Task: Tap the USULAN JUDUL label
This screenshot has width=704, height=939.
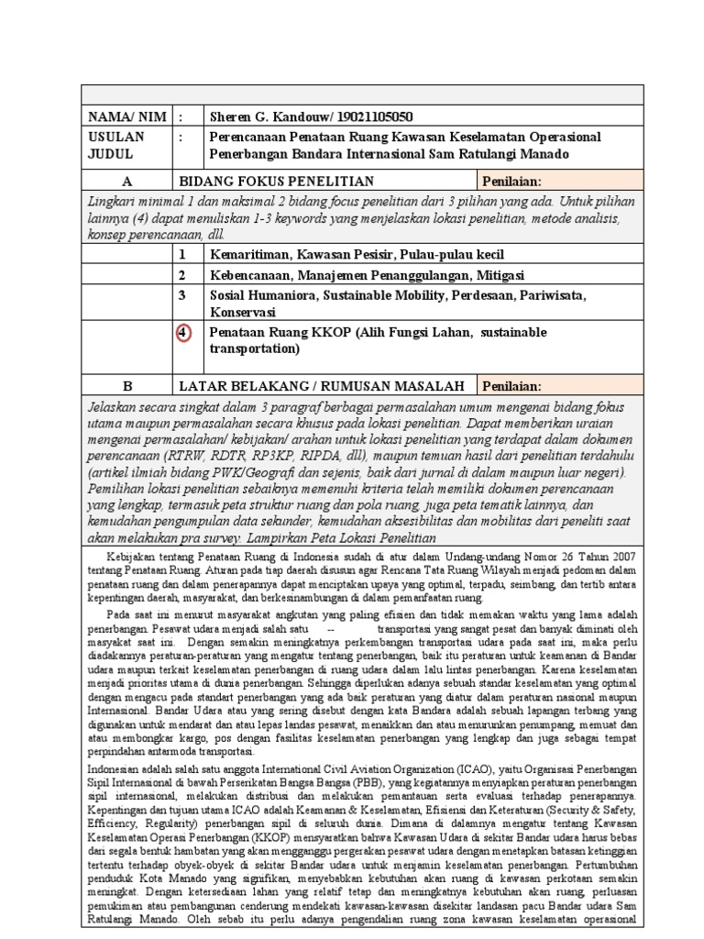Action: click(x=115, y=145)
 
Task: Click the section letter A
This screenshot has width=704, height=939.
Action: click(x=126, y=182)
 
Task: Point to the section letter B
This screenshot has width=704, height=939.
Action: click(x=126, y=385)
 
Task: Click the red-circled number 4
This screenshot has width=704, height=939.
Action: click(x=184, y=333)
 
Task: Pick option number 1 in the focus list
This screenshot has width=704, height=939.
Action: click(x=182, y=254)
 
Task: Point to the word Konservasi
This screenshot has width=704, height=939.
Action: click(x=243, y=312)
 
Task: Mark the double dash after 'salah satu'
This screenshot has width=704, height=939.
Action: click(x=330, y=632)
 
